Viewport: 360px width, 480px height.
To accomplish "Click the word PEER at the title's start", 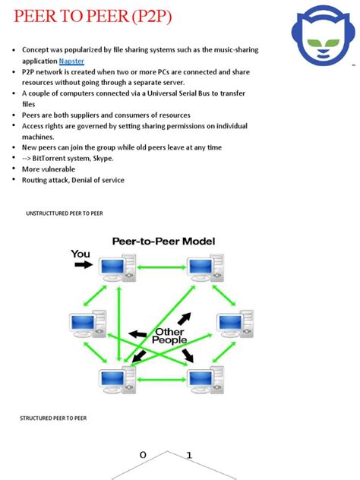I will point(36,16).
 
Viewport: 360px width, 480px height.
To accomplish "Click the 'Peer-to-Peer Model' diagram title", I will point(164,242).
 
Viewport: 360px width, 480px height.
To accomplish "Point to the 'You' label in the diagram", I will point(81,254).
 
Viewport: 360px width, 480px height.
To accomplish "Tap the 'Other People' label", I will point(169,336).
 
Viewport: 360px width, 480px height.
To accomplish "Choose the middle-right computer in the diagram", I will point(235,323).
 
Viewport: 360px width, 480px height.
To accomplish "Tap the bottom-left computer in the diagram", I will point(117,377).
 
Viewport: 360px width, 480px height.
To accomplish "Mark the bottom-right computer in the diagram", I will point(203,377).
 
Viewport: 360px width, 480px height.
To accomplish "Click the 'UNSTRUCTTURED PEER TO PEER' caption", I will point(65,214).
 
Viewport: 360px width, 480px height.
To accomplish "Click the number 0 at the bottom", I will point(141,456).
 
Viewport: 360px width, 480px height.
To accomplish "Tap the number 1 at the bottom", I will point(190,456).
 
